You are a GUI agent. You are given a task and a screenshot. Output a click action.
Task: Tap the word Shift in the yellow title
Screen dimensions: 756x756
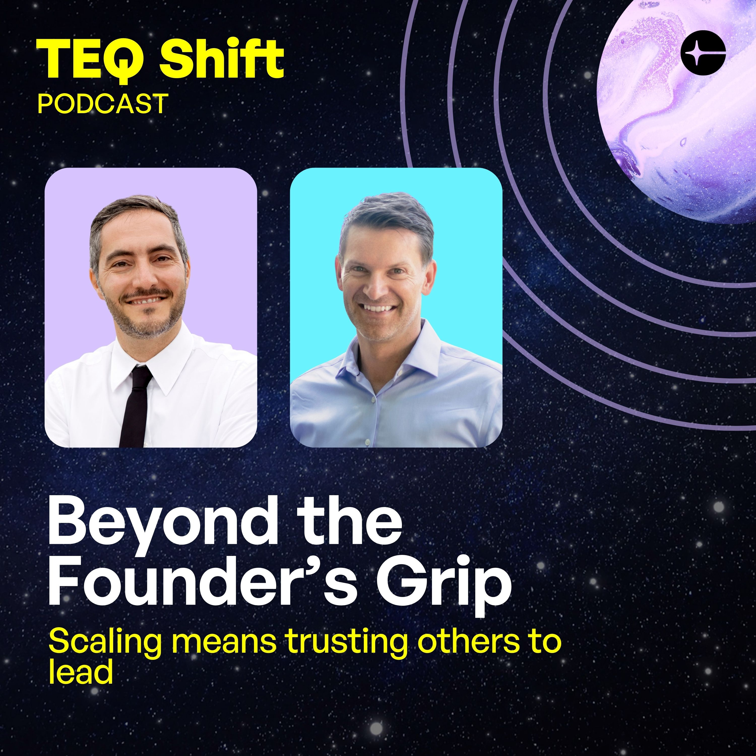click(x=221, y=59)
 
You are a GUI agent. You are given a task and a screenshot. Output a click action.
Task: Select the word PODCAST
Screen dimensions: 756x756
click(x=103, y=104)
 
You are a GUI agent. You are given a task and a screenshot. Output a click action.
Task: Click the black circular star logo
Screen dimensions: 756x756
click(x=703, y=52)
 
